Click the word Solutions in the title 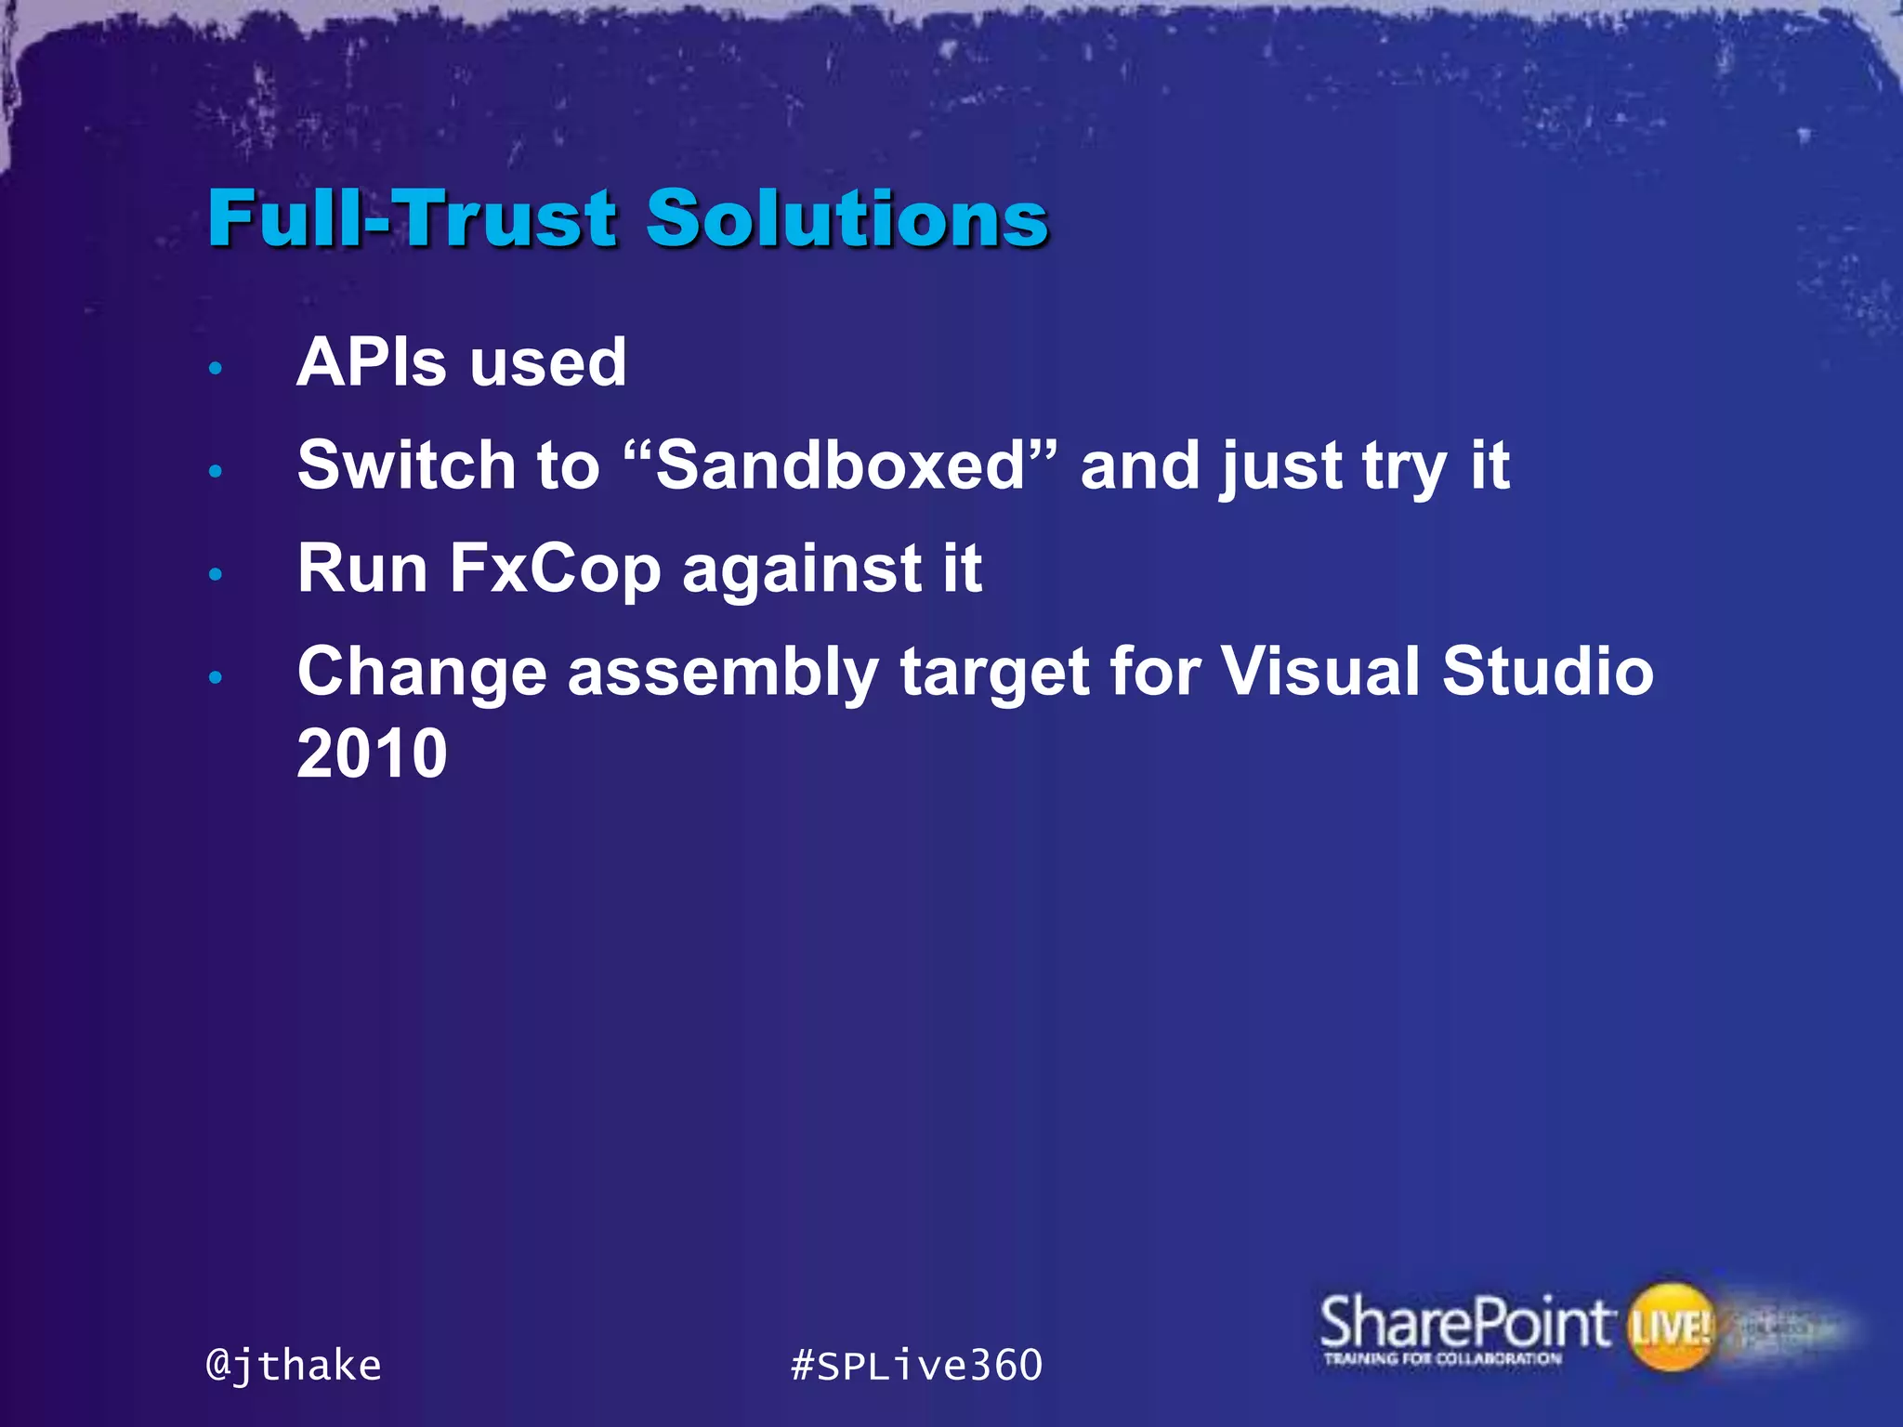847,218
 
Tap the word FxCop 555,569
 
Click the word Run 362,569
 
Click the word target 994,674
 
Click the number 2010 372,753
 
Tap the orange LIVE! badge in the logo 1670,1327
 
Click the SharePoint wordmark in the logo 1464,1323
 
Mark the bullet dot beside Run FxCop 216,574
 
